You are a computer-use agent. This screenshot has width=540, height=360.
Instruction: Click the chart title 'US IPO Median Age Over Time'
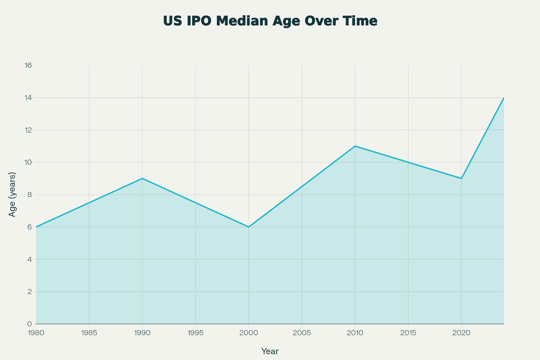coord(270,21)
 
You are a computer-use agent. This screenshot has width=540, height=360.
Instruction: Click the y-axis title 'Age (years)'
coord(13,194)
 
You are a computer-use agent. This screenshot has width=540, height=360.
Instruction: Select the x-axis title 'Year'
coord(270,351)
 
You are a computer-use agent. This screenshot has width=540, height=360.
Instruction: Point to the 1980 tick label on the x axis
coord(36,333)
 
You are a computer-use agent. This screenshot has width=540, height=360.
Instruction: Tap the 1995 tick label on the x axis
coord(196,333)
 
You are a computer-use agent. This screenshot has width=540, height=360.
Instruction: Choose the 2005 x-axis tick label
coord(302,333)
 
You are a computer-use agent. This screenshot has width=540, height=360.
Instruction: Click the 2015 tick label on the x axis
coord(408,333)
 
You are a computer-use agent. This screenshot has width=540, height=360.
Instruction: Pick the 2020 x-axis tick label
coord(461,333)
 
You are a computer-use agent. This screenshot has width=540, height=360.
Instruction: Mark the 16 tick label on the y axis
coord(28,65)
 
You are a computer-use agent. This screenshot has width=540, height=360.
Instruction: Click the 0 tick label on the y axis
coord(30,324)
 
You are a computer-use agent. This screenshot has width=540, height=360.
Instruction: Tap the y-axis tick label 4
coord(30,259)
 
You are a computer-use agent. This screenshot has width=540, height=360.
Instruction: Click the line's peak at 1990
coord(143,178)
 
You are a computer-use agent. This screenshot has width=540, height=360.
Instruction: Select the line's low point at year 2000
coord(249,227)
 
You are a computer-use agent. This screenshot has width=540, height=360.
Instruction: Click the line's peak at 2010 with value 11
coord(355,146)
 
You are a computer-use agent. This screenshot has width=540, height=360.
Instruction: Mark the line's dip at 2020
coord(461,178)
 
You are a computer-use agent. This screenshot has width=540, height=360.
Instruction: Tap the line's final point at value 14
coord(504,98)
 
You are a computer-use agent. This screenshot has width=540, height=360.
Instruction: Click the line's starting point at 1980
coord(36,227)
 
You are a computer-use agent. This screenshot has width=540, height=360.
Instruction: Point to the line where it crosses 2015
coord(408,162)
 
